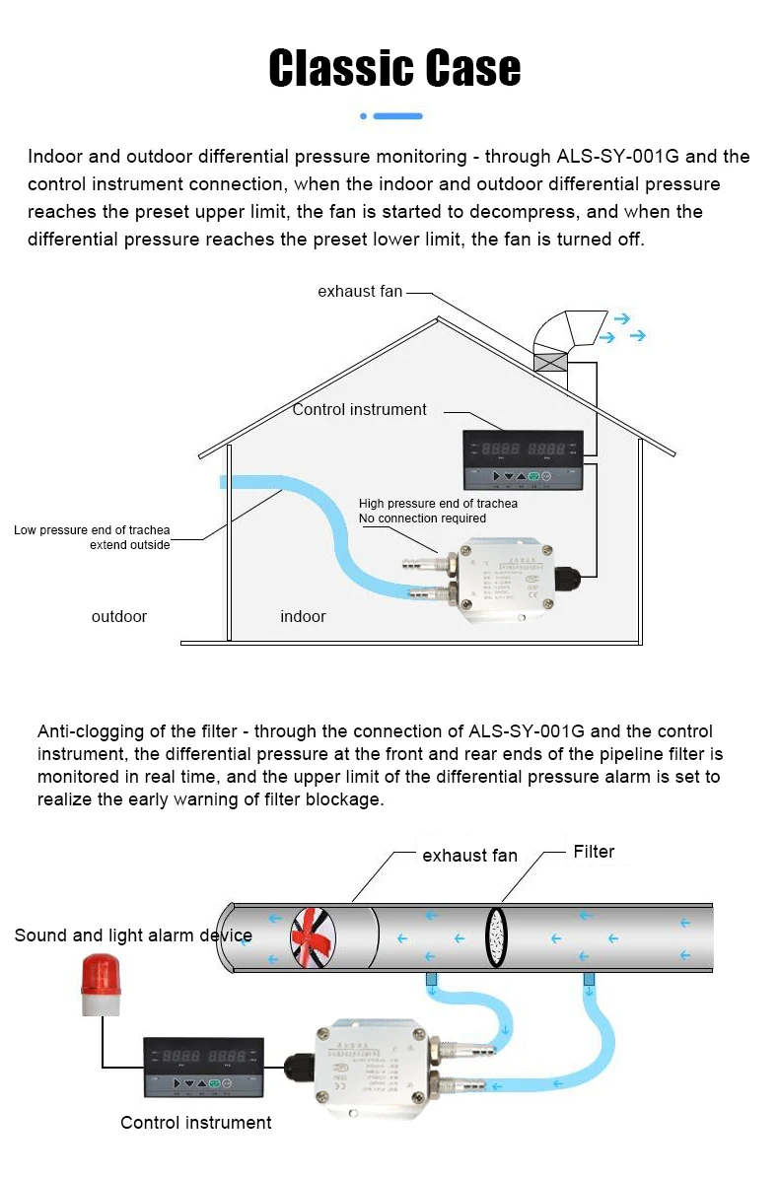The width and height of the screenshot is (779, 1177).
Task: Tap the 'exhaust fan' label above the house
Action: tap(360, 292)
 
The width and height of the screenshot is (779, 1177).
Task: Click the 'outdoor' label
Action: tap(119, 617)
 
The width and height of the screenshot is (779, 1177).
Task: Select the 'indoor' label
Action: tap(303, 617)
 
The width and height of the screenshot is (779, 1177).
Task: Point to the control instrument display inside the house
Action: tap(523, 459)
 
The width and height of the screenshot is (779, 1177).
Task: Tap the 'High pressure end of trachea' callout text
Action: tap(438, 504)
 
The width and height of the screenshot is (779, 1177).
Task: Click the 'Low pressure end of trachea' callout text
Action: tap(92, 530)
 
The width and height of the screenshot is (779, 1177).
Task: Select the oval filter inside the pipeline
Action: tap(495, 936)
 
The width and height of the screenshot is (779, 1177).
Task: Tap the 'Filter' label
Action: tap(594, 853)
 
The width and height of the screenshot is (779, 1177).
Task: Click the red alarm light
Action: tap(99, 979)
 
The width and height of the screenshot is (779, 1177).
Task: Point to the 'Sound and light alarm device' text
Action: tap(133, 935)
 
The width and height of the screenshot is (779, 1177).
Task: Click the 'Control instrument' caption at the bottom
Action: tap(195, 1123)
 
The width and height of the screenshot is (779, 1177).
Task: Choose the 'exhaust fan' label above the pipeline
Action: tap(469, 856)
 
